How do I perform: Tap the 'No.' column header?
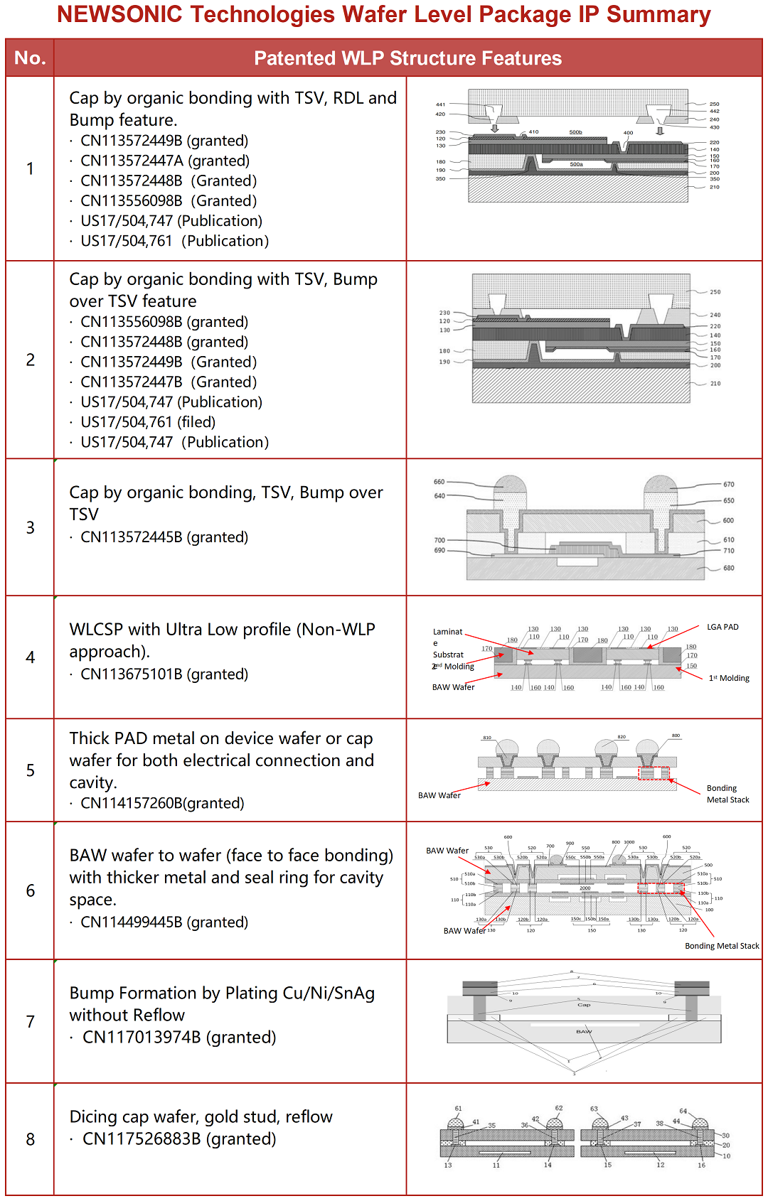30,58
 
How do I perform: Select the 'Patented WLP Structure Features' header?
407,58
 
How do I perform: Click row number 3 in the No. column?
30,527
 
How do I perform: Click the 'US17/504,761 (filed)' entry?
148,422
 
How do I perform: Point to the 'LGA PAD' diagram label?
722,627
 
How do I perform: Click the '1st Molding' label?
729,678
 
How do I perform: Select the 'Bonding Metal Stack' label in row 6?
721,946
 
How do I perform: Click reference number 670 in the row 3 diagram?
728,485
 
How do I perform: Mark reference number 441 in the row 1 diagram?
440,104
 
